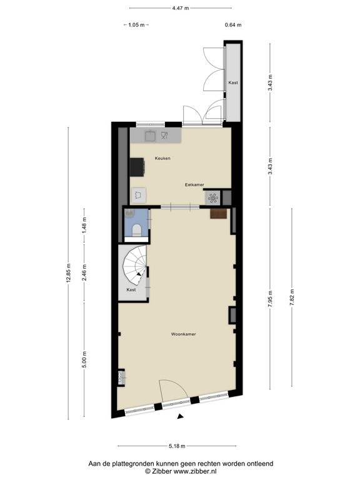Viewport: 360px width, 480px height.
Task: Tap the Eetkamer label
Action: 194,185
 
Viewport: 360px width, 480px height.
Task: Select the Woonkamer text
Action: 184,334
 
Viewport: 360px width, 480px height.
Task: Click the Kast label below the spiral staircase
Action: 131,290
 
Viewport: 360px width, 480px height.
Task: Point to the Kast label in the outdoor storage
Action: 233,83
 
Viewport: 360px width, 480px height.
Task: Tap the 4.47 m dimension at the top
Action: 180,8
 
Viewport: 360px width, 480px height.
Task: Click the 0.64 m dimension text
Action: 233,25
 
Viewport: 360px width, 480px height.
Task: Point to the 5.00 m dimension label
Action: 85,361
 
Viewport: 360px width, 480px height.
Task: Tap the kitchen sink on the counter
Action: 151,134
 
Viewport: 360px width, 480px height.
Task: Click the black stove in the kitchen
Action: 137,167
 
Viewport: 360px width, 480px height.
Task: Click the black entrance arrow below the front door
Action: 181,416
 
